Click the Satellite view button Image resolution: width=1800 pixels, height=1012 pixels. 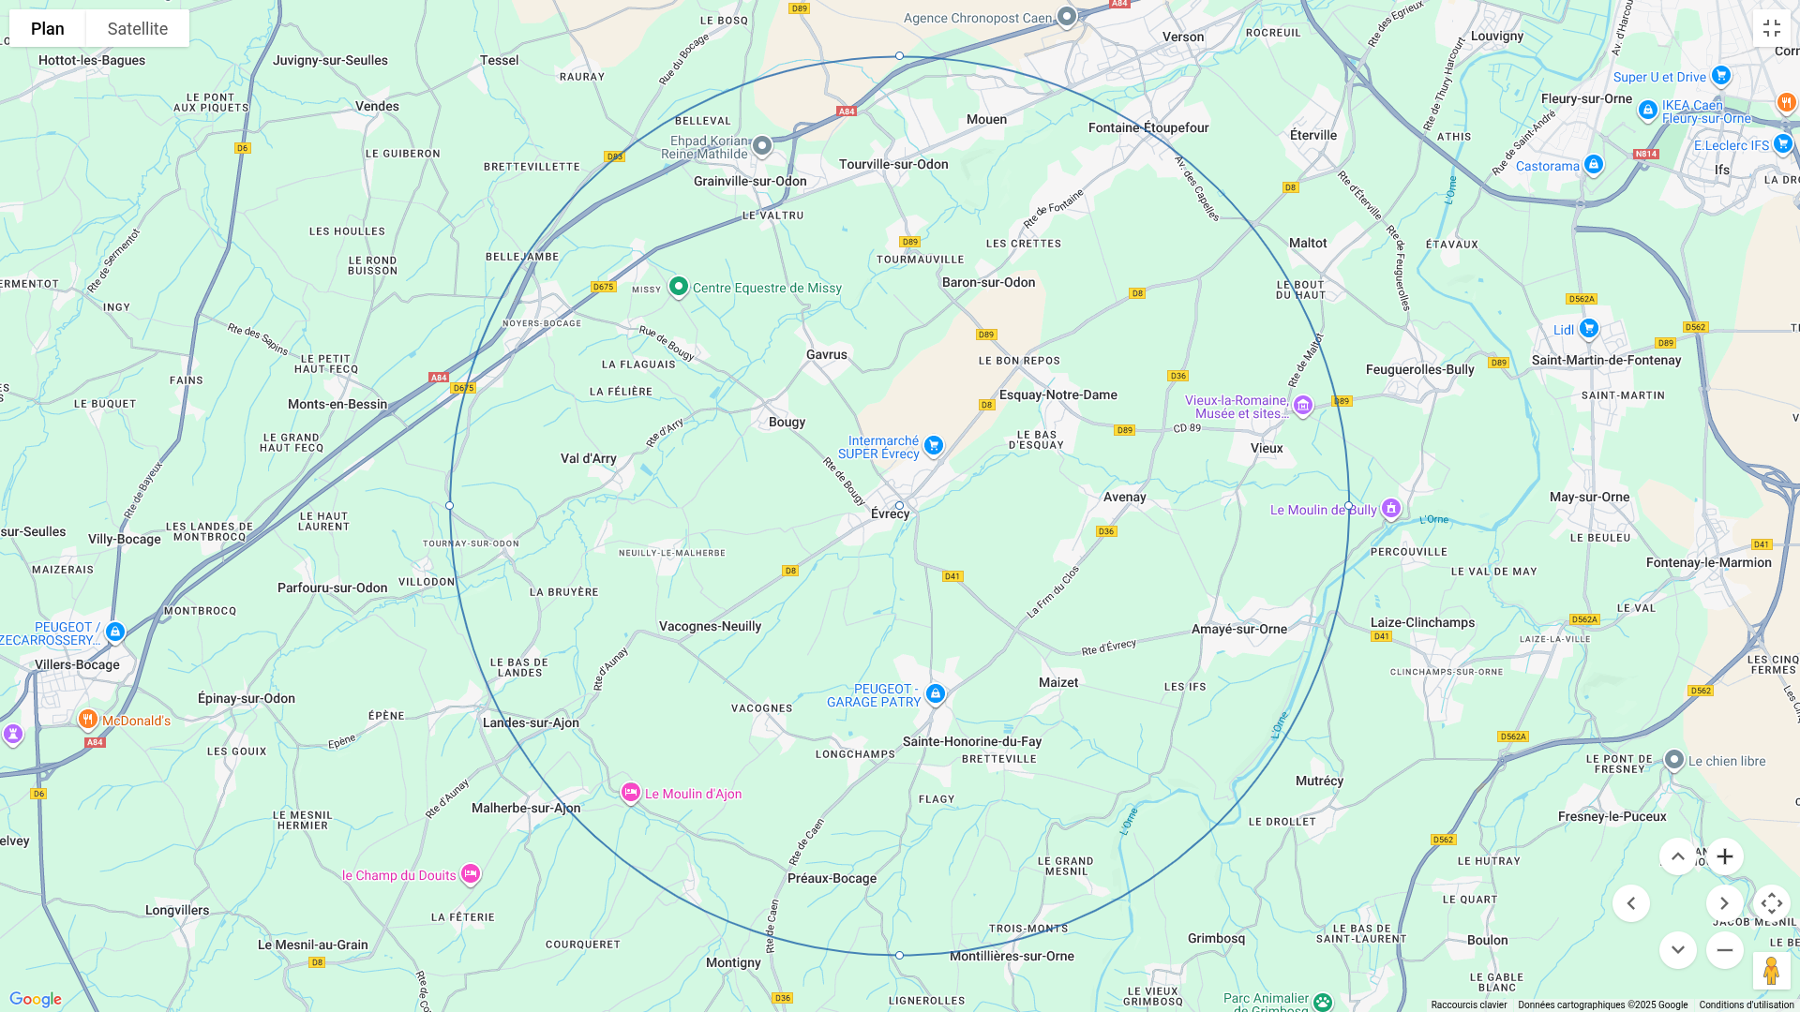(137, 28)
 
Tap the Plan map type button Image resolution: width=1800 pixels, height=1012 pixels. (48, 28)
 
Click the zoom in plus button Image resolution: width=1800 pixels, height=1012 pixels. (1724, 856)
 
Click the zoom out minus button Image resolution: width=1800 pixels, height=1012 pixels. (1724, 950)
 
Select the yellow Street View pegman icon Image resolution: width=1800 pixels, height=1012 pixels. (1771, 971)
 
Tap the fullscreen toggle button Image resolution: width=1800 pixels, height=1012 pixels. (1771, 28)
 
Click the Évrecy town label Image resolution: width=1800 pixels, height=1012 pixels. (890, 514)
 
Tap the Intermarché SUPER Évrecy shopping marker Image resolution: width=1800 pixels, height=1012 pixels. (933, 446)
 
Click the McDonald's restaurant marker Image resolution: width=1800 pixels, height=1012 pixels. (88, 720)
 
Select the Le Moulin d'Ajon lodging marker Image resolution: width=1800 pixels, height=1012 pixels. (631, 794)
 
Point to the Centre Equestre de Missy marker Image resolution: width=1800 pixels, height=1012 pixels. (679, 287)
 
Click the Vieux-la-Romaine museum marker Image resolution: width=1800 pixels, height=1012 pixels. (1302, 406)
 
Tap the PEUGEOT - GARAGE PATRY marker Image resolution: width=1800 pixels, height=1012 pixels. (935, 694)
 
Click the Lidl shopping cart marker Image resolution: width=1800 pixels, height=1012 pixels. (1588, 329)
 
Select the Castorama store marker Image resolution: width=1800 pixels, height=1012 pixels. (1594, 166)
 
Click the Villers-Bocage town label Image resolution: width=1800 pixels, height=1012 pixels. (77, 665)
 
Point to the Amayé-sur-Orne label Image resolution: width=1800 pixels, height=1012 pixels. (1238, 630)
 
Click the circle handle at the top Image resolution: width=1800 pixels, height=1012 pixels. (899, 56)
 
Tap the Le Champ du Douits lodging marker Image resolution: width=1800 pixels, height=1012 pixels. (471, 874)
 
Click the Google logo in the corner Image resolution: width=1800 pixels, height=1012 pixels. (36, 999)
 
